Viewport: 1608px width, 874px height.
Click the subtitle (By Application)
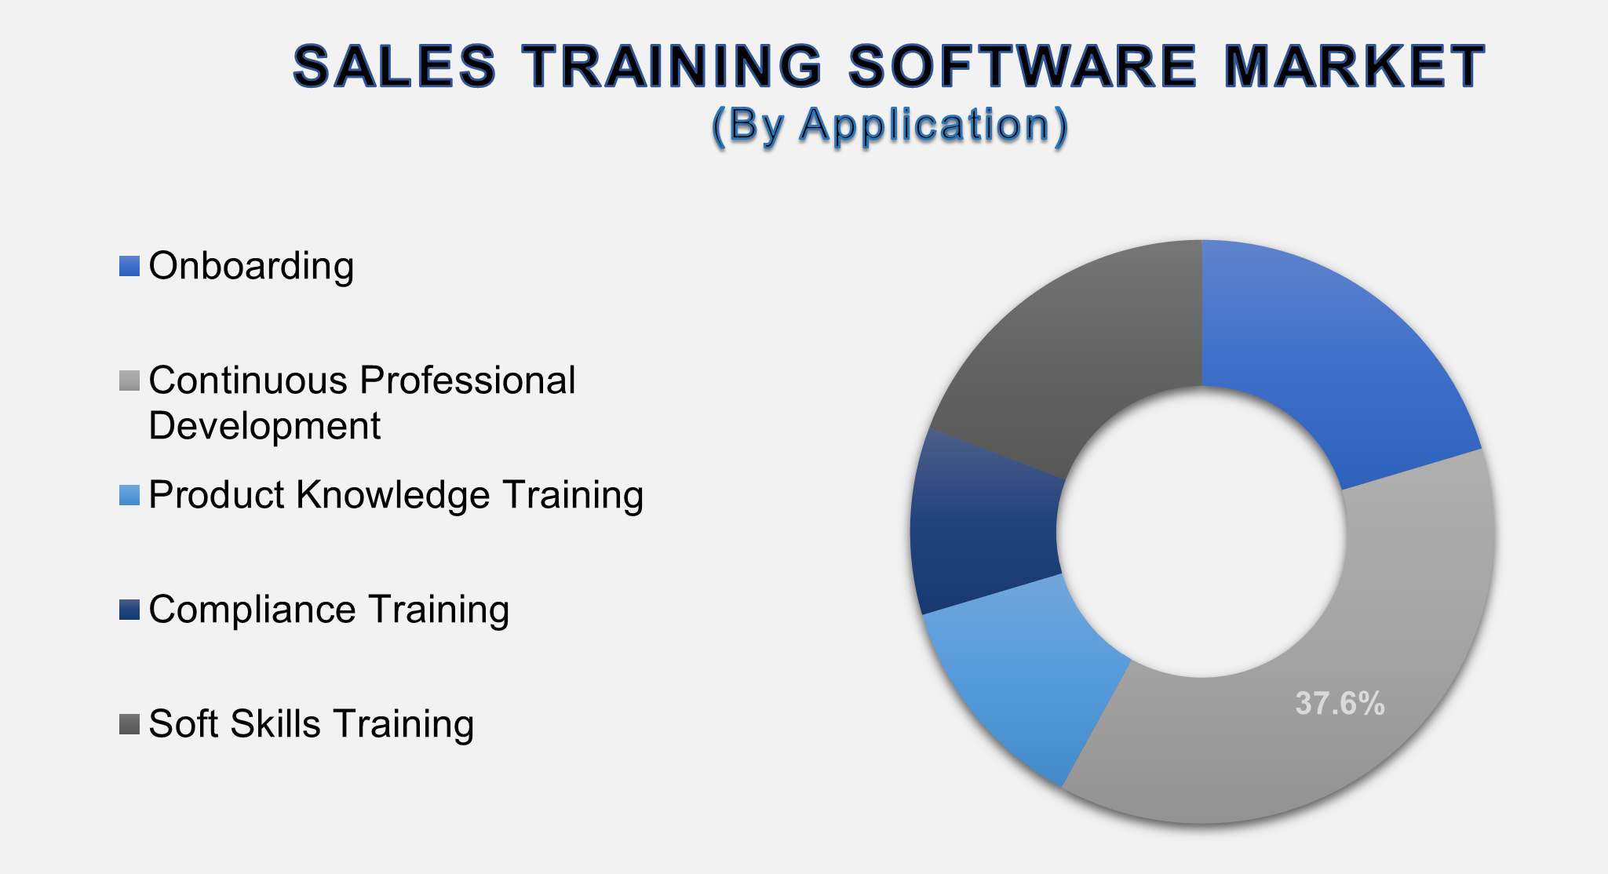tap(890, 125)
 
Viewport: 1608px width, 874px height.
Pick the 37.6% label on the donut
tap(1340, 704)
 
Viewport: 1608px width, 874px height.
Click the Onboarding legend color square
tap(129, 266)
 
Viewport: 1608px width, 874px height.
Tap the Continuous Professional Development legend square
tap(129, 381)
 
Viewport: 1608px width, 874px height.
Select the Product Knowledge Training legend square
tap(129, 495)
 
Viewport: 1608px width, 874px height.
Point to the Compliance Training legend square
tap(129, 610)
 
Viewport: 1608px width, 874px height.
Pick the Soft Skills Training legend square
tap(129, 724)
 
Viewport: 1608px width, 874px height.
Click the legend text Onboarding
tap(251, 266)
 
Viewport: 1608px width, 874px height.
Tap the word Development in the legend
tap(264, 426)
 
